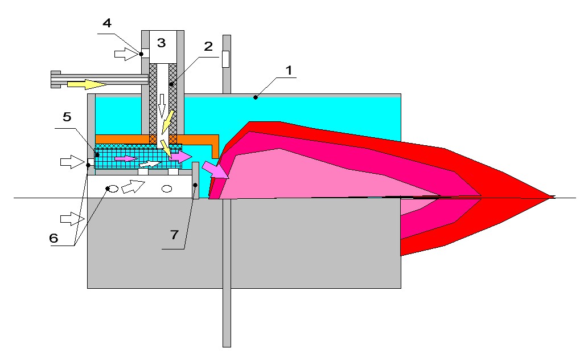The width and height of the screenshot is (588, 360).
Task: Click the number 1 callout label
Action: point(289,70)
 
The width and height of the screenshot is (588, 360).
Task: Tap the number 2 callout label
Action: point(208,46)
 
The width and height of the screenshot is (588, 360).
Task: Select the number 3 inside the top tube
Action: point(161,42)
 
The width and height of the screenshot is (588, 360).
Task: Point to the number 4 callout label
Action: point(107,23)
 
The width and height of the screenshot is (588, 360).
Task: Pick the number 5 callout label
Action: point(67,117)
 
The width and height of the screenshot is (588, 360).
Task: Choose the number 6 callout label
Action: point(54,238)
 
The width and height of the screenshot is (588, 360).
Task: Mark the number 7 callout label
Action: point(174,235)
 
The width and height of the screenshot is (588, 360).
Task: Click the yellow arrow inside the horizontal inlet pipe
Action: point(87,84)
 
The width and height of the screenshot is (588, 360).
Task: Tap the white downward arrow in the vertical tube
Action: point(162,107)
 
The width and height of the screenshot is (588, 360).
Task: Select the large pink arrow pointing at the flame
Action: point(215,170)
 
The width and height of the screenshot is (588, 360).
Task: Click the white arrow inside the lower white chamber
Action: point(133,186)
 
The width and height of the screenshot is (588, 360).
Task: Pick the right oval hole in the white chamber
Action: point(167,189)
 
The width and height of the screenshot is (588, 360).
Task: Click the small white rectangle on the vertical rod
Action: point(225,59)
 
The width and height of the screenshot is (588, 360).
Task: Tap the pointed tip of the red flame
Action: point(554,197)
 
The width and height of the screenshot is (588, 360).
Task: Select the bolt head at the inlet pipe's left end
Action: point(56,79)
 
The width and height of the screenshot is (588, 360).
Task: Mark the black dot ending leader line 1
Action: point(256,97)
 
